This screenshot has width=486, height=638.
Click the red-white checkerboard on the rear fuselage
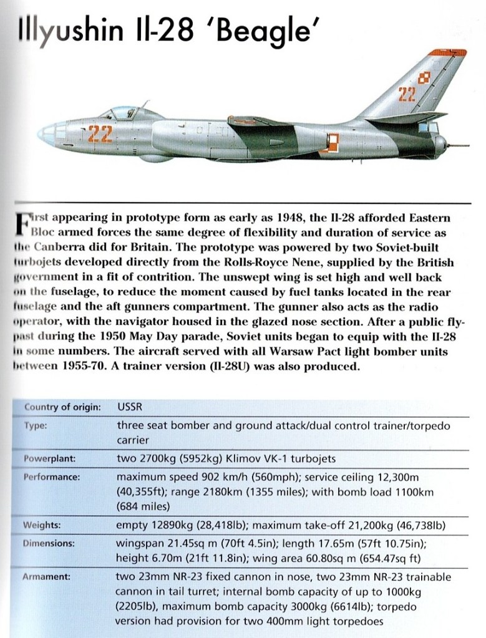pos(333,142)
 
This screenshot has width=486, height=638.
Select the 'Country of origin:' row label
pos(62,407)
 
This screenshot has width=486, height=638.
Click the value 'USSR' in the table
pos(130,407)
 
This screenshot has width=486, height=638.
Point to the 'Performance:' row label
pos(53,476)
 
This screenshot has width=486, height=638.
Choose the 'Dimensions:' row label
pos(49,543)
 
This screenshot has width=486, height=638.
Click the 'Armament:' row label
pos(47,577)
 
